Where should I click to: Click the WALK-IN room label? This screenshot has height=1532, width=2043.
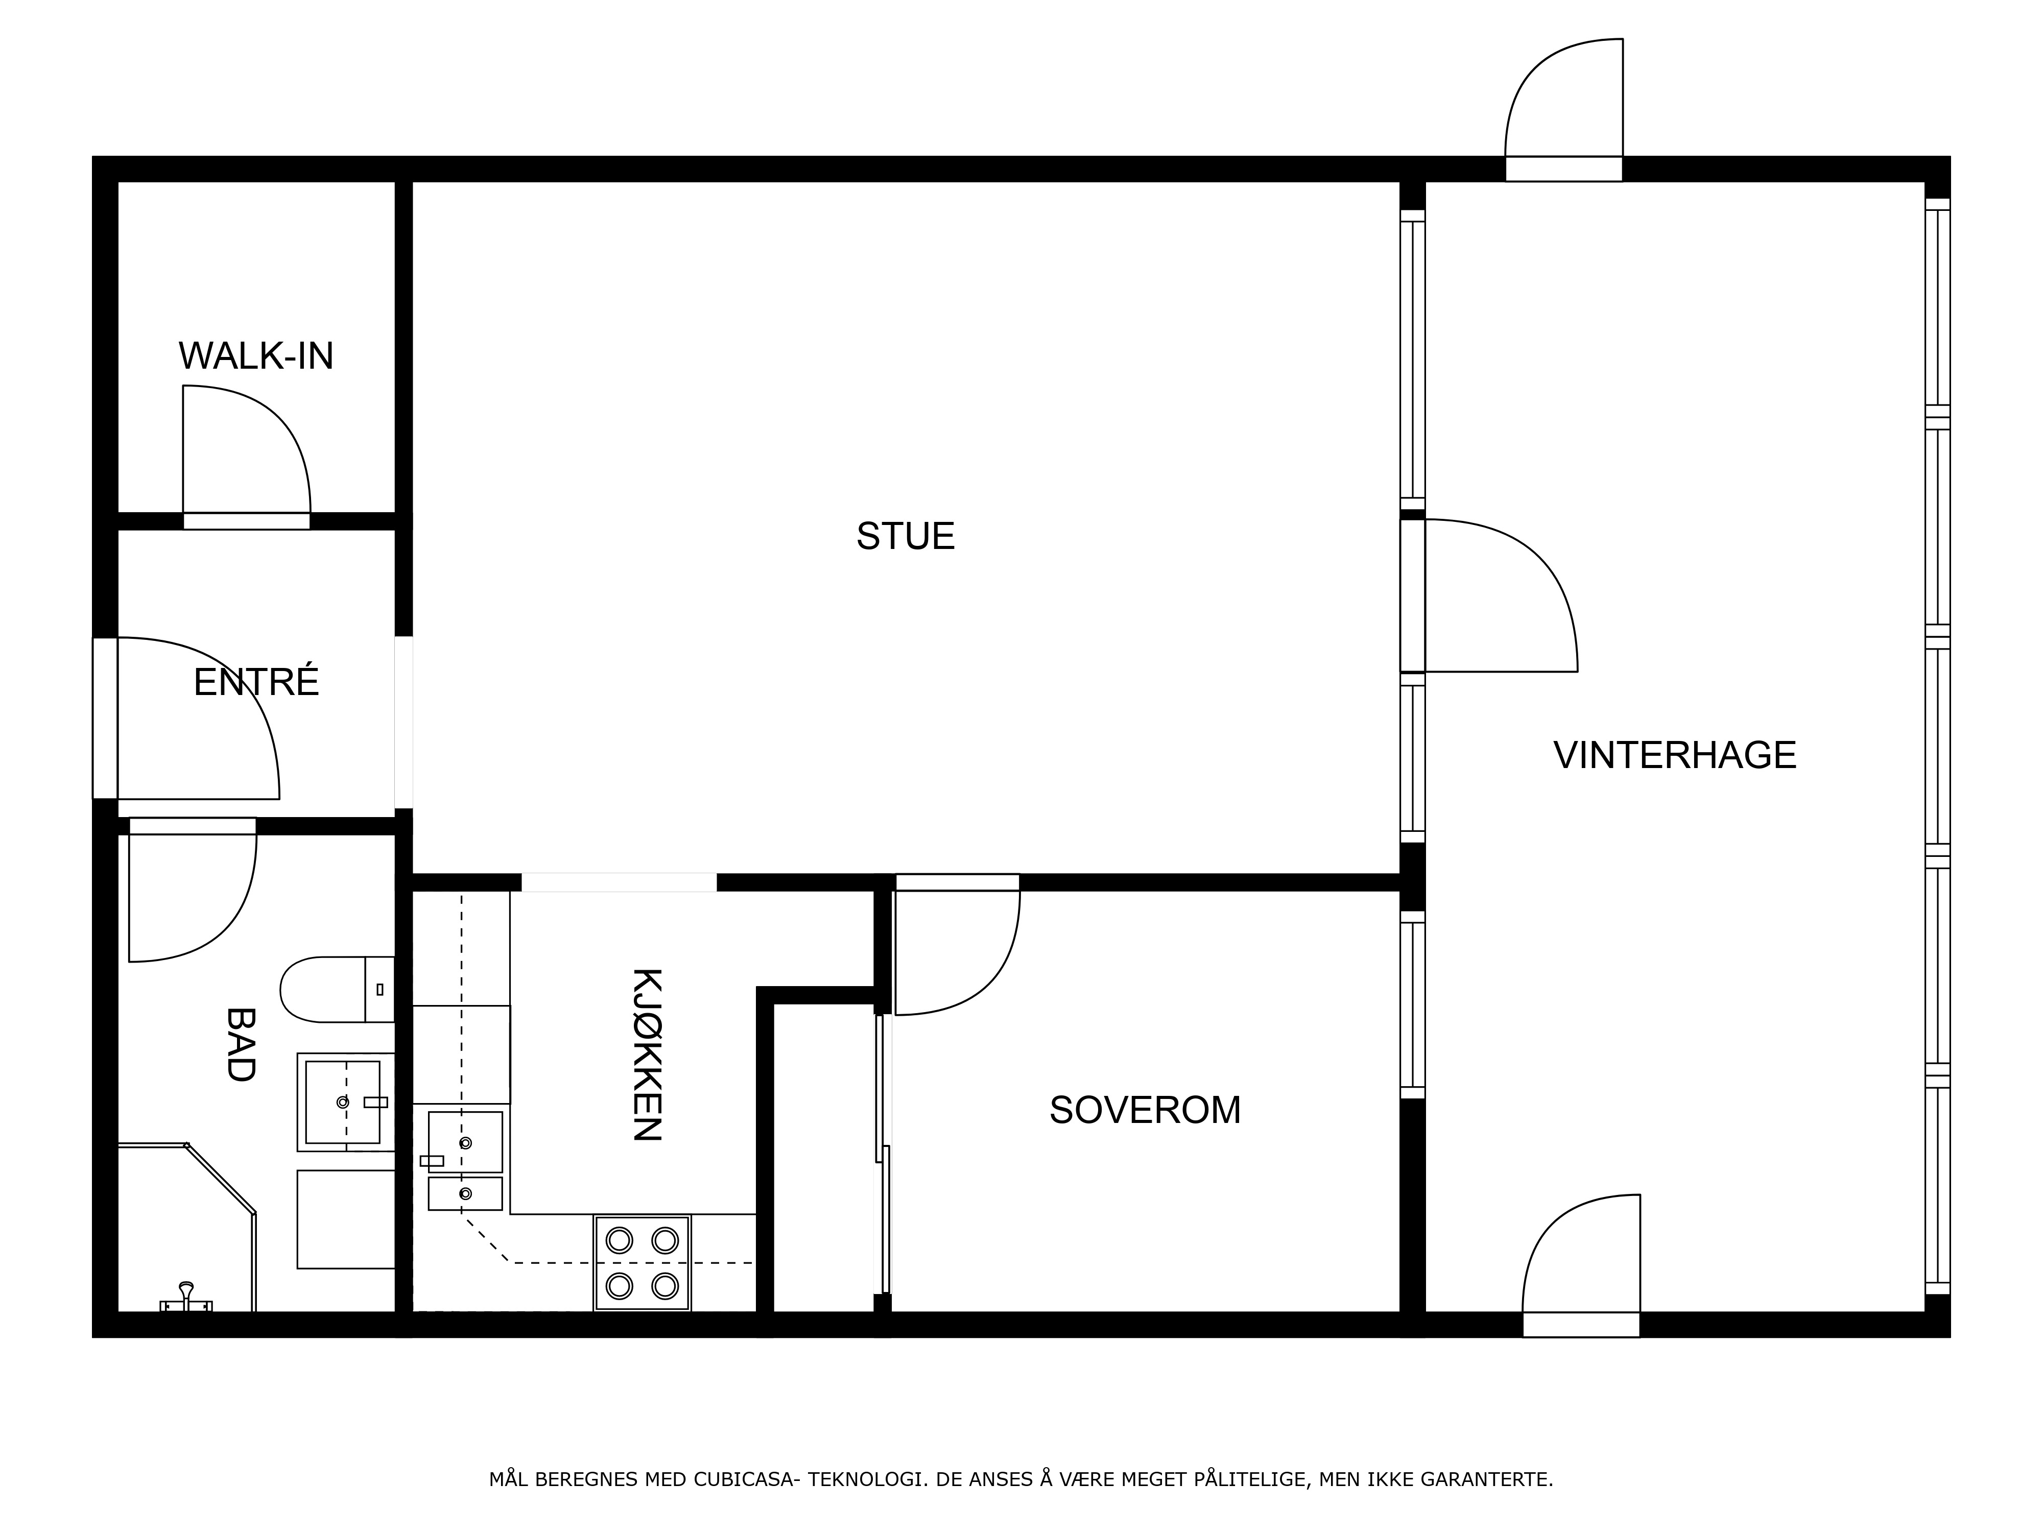pos(256,356)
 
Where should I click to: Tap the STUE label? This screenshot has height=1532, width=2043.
pos(905,537)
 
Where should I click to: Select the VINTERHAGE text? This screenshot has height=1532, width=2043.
pos(1674,755)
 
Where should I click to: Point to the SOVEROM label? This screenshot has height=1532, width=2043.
pos(1145,1110)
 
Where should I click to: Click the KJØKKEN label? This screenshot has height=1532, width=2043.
pos(648,1055)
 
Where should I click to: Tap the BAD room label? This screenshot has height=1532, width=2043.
pos(240,1044)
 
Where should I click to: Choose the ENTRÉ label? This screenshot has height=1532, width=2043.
pos(256,682)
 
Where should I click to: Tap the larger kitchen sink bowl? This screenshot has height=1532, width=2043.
pos(465,1142)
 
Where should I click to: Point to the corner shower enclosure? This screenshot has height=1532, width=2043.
pos(186,1228)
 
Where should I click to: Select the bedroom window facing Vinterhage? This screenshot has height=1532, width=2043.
pos(1412,1004)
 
